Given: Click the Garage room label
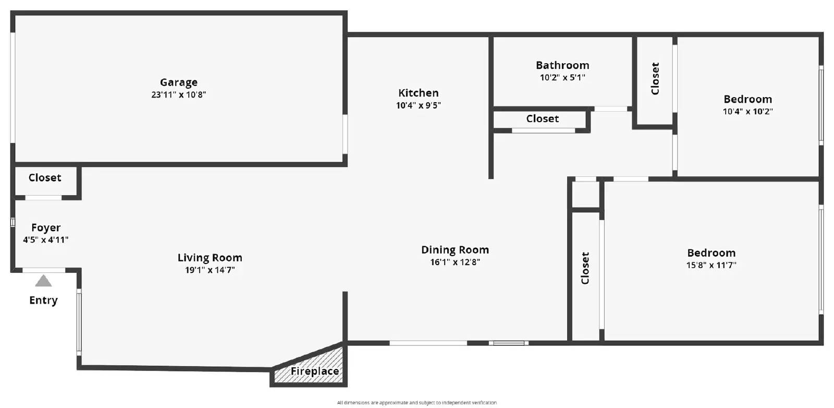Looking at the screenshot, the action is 179,82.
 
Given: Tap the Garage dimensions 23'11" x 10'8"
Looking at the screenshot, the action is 179,94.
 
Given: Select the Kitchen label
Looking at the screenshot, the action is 419,93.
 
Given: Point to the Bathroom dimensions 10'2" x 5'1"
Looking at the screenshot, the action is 562,78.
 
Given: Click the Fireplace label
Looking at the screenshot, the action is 315,371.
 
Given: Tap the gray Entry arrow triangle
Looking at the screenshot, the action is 44,281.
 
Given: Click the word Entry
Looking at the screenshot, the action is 44,301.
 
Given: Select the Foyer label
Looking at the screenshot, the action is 46,227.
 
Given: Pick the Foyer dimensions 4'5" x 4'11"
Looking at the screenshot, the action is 46,240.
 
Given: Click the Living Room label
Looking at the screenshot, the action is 210,258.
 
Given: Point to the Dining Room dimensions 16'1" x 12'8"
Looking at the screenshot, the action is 455,262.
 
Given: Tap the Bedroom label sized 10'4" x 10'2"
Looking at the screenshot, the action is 747,99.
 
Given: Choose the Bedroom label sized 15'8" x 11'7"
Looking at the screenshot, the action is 711,253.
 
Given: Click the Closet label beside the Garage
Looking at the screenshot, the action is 45,178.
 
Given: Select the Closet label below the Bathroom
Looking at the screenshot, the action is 543,119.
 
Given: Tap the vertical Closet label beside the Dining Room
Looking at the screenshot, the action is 585,268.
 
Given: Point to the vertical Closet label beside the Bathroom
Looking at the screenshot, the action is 655,79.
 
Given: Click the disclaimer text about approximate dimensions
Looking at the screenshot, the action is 417,402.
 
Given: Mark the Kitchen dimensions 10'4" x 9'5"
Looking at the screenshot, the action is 419,105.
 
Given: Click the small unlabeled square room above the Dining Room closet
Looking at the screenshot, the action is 586,195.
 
